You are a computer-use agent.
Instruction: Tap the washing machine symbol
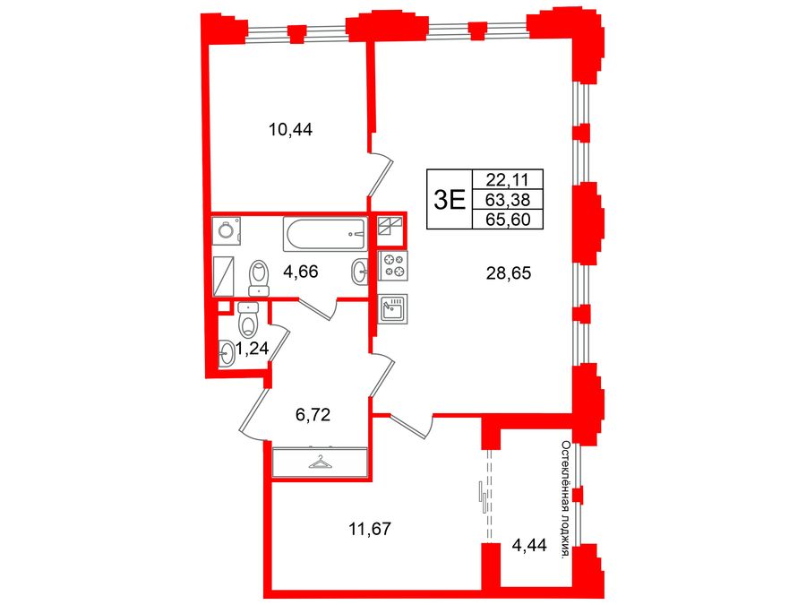pyautogui.click(x=226, y=230)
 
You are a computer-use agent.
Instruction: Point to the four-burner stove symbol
pyautogui.click(x=394, y=266)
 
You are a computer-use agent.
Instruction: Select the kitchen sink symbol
pyautogui.click(x=393, y=309)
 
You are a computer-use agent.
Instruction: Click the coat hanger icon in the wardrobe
pyautogui.click(x=319, y=462)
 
